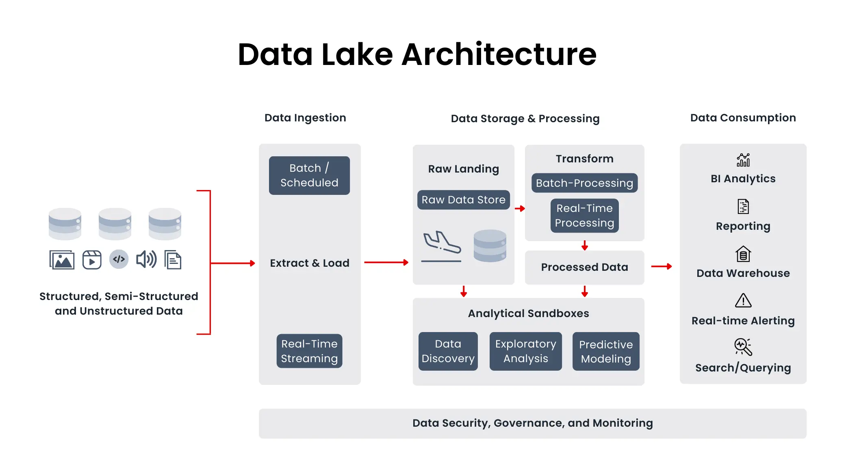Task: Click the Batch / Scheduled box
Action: coord(309,175)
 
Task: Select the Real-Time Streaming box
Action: coord(309,351)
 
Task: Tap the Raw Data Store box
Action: coord(463,200)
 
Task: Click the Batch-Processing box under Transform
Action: coord(584,183)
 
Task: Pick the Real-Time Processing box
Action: coord(584,216)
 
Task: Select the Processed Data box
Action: coord(584,267)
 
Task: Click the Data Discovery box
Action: coord(448,351)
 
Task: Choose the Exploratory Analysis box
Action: coord(525,351)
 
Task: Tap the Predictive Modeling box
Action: coord(605,352)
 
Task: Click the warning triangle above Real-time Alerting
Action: coord(743,301)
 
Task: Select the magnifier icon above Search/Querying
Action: coord(743,347)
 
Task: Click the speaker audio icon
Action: coord(146,259)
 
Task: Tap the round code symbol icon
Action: coord(119,259)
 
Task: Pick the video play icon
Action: coord(92,260)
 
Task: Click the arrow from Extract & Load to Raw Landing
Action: coord(386,263)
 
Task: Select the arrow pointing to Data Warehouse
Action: coord(661,267)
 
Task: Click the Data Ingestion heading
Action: coord(305,118)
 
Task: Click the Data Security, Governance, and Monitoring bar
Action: coord(532,423)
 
